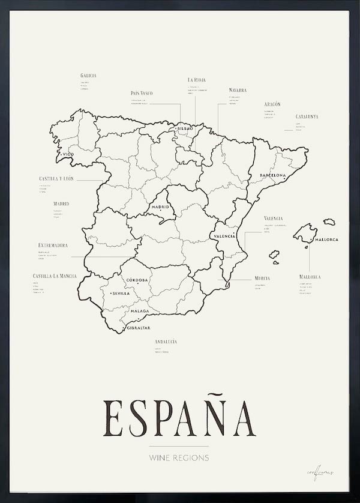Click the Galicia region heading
[88, 76]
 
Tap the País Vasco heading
[142, 93]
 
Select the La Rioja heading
[197, 79]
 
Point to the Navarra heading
[238, 90]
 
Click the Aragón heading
[272, 104]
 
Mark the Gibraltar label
[138, 329]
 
